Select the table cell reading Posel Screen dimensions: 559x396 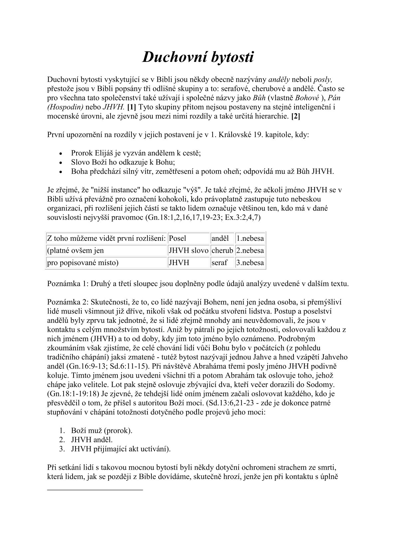tap(178, 238)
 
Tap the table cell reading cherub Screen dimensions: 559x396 tap(222, 250)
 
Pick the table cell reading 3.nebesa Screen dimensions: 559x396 tap(250, 263)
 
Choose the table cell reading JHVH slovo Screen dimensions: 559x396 tap(188, 250)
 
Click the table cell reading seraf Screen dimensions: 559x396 tap(219, 263)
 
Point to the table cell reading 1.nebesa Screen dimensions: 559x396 tap(250, 238)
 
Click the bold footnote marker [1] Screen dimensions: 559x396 tap(131, 107)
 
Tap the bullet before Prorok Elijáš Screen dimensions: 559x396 tap(60, 154)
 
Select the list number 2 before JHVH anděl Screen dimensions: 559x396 tap(62, 440)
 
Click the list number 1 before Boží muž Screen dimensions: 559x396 tap(62, 430)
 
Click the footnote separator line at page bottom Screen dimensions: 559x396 tap(95, 489)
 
